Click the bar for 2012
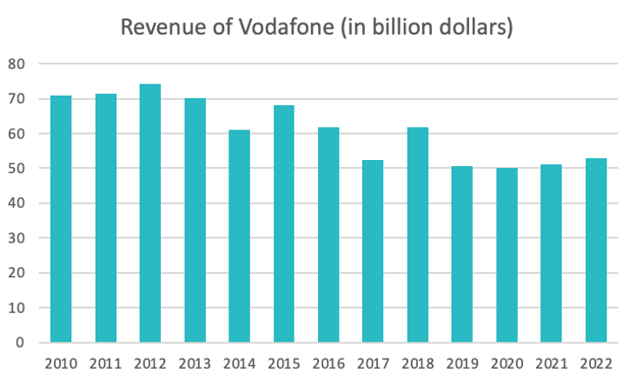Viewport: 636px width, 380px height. click(x=150, y=213)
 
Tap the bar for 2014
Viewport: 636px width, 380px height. click(x=239, y=236)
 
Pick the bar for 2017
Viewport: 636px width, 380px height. click(x=373, y=251)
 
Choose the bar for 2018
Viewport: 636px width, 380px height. click(x=417, y=235)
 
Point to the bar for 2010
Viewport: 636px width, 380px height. click(x=61, y=218)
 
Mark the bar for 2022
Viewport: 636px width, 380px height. click(x=595, y=250)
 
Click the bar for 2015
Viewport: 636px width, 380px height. click(x=283, y=223)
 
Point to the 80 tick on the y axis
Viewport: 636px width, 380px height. click(x=18, y=63)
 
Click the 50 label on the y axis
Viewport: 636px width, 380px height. click(x=18, y=169)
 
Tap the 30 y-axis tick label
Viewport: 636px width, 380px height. click(x=18, y=238)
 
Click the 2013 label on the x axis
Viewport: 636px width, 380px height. click(x=195, y=363)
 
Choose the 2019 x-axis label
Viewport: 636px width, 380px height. click(x=462, y=363)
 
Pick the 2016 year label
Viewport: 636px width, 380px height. click(x=328, y=363)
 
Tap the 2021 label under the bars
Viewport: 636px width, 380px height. click(x=551, y=363)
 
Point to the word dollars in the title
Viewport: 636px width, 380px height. click(x=472, y=27)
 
